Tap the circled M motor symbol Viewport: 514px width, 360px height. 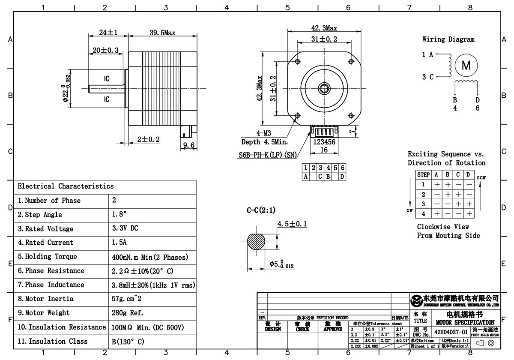[x=466, y=66]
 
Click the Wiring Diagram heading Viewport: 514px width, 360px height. [x=448, y=39]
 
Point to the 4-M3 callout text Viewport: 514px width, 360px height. [x=264, y=133]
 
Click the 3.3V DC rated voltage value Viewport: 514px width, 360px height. [x=125, y=228]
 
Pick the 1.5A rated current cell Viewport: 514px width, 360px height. [x=119, y=243]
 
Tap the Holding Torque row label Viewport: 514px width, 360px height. [x=48, y=257]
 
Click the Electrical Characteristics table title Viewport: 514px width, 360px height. [x=66, y=186]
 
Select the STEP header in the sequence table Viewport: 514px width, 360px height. [x=423, y=175]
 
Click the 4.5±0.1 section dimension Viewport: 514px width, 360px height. [x=292, y=224]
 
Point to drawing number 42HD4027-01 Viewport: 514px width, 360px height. [x=451, y=332]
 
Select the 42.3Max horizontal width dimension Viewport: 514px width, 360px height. [x=324, y=28]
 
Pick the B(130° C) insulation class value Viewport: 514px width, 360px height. [x=128, y=342]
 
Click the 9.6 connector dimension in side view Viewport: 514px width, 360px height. [x=189, y=146]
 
